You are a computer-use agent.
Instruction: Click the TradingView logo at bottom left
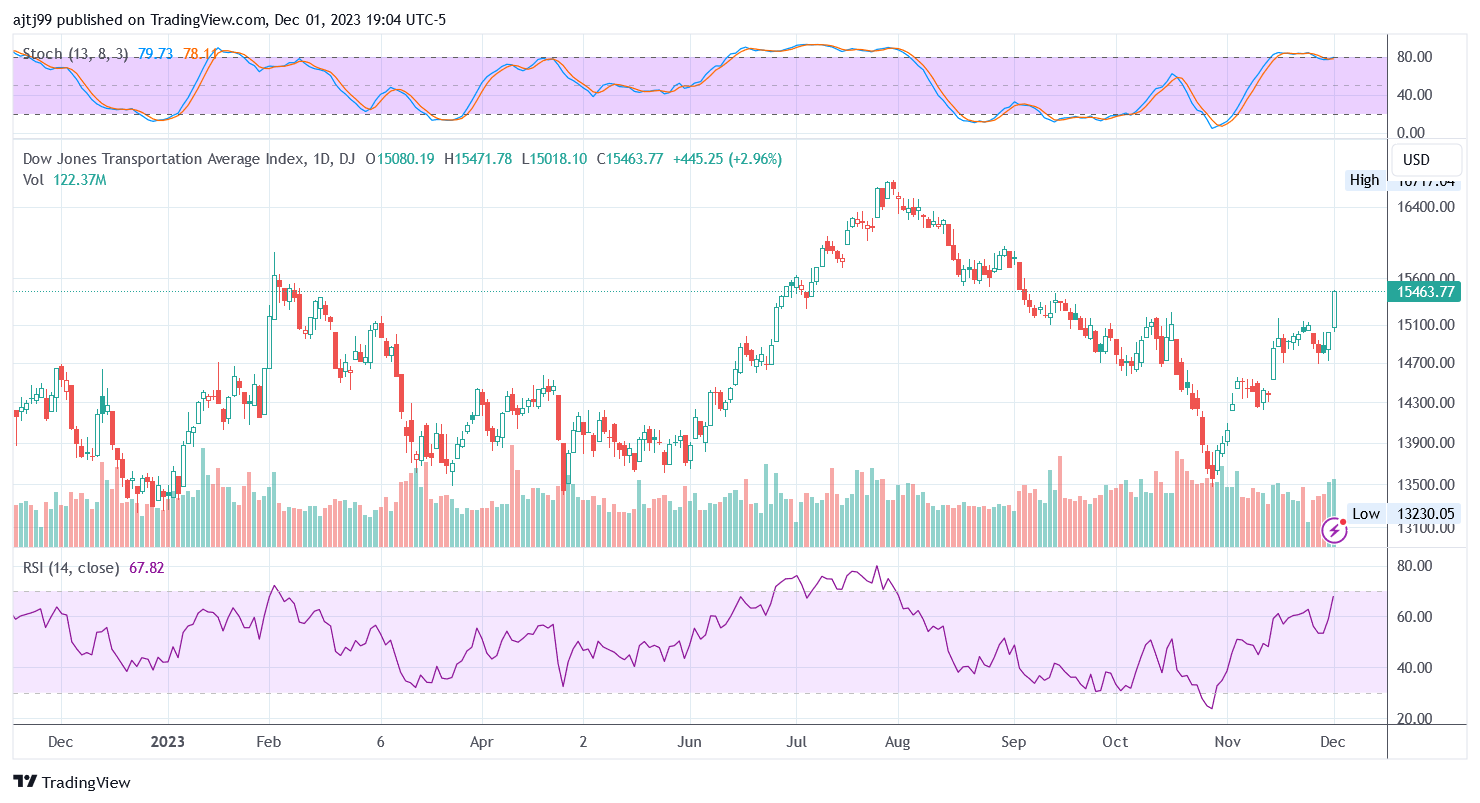71,782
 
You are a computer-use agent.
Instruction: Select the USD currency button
1416,160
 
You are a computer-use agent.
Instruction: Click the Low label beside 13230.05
1365,514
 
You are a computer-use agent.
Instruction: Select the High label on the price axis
1364,180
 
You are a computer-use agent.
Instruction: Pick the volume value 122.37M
80,180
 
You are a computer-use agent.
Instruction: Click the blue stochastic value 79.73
155,54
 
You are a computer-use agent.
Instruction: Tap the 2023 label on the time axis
167,742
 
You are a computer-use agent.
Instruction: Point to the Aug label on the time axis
897,742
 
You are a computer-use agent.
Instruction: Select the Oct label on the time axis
1115,742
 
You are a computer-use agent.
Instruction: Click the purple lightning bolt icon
1334,531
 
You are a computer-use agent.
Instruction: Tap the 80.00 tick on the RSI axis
1415,566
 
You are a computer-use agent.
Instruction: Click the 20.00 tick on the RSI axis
1415,719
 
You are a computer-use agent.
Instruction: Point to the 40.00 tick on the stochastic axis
1415,95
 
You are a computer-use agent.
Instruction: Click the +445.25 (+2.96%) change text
727,159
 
